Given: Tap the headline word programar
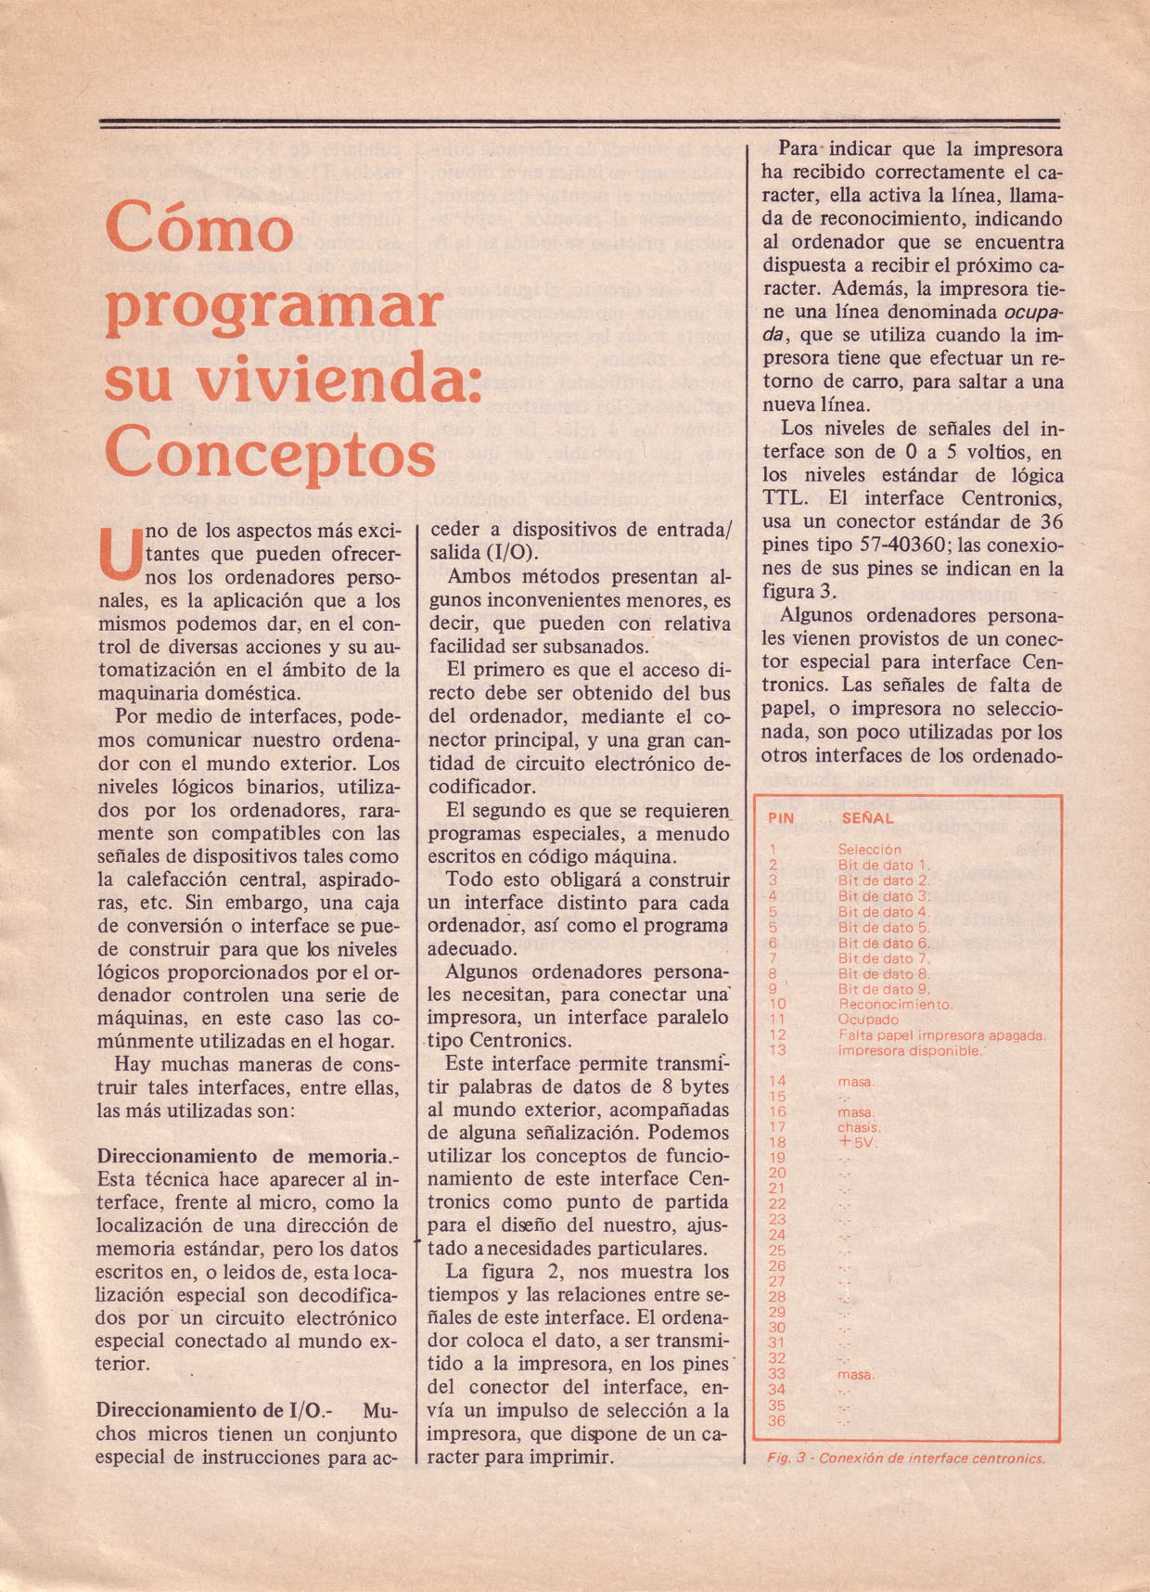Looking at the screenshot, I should [x=272, y=306].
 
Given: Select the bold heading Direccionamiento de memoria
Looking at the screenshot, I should [x=244, y=1157].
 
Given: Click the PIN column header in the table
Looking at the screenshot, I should [x=781, y=818].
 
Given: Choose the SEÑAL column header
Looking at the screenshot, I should [x=867, y=818].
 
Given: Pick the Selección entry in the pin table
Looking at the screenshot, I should [x=869, y=849].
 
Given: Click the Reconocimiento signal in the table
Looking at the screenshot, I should [x=895, y=1004].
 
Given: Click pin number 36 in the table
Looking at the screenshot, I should [x=777, y=1420].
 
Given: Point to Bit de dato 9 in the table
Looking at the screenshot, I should [x=883, y=989].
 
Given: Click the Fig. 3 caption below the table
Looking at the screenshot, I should [x=905, y=1457].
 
